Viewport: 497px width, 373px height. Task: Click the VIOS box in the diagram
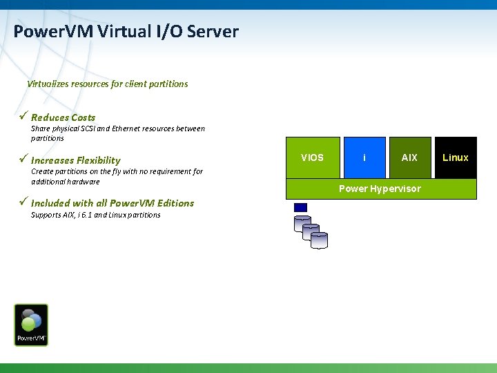[312, 157]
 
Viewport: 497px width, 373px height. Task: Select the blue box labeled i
[364, 157]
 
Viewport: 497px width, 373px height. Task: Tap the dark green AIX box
[409, 157]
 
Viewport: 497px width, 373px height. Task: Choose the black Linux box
[456, 157]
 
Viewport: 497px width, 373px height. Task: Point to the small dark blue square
[300, 207]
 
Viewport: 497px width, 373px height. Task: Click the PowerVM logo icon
[31, 325]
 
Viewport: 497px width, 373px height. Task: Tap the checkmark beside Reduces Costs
[23, 117]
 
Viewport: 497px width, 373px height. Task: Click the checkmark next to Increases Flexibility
[23, 160]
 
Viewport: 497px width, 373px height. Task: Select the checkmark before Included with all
[23, 202]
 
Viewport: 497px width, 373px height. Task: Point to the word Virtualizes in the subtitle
[48, 84]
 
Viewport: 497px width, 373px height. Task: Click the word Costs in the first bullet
[83, 117]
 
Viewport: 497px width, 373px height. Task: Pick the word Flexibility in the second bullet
[98, 160]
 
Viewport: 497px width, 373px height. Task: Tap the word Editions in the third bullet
[174, 203]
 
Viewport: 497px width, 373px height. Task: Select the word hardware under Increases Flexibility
[84, 182]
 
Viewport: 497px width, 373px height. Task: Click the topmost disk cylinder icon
[302, 223]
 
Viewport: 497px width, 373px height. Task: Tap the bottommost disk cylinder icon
[319, 240]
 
